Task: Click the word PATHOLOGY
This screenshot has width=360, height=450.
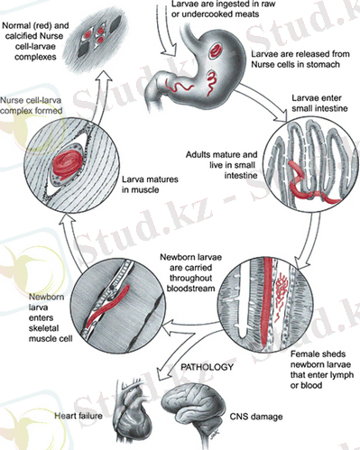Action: tap(207, 367)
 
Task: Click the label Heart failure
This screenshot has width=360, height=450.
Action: tap(78, 416)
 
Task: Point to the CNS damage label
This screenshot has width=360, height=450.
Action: tap(256, 417)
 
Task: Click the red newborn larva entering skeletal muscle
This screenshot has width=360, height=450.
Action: tap(107, 306)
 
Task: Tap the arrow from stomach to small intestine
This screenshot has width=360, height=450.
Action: tap(264, 102)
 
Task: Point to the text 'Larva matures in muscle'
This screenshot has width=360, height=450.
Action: tap(150, 185)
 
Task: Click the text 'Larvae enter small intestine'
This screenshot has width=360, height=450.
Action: tap(319, 103)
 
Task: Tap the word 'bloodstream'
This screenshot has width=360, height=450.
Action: tap(190, 289)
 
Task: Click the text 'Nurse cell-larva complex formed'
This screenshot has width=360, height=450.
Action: tap(31, 106)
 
